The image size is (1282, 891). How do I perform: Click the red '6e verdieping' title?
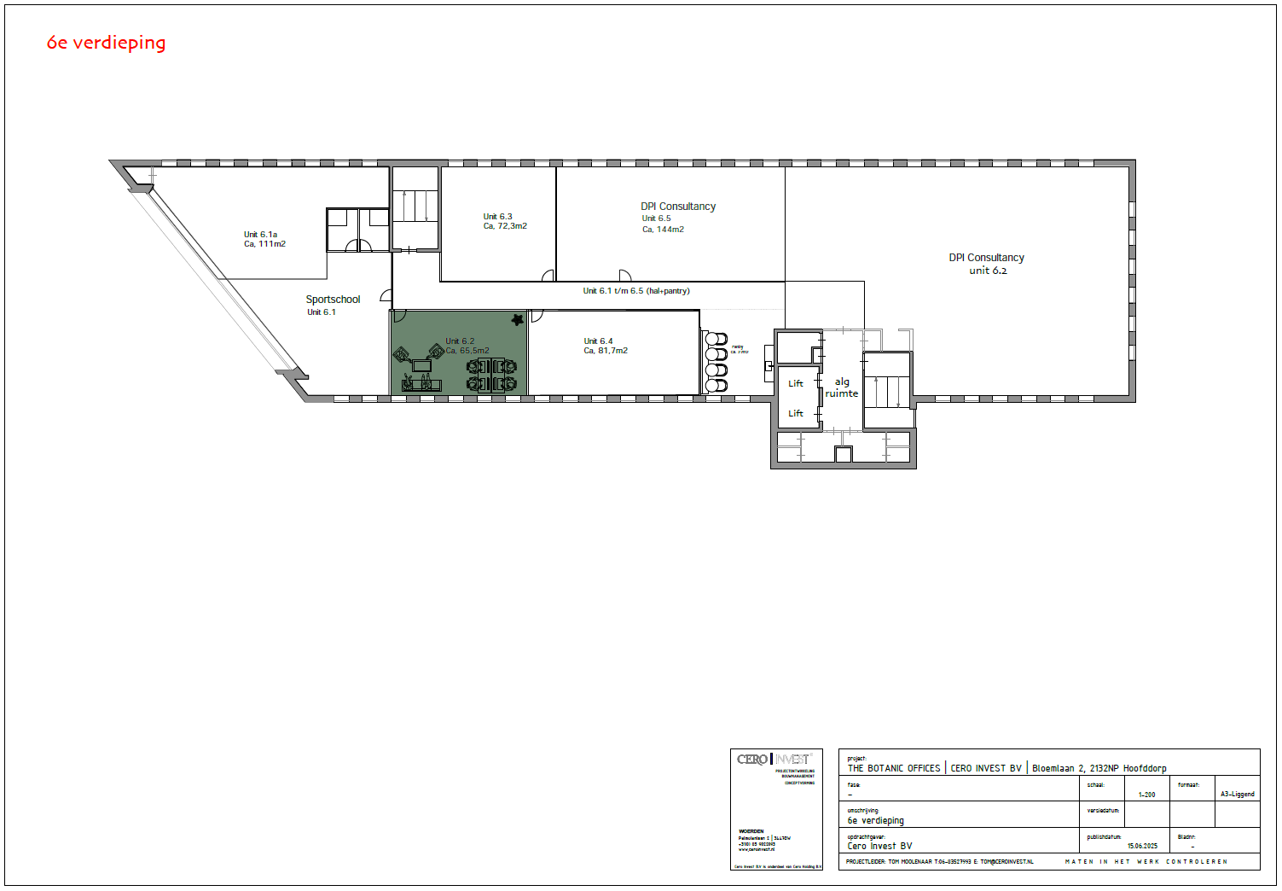click(x=106, y=43)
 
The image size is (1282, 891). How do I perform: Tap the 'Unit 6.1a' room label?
click(x=260, y=235)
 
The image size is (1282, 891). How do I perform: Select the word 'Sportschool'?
click(x=333, y=300)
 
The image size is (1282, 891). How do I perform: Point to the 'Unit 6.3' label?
click(x=497, y=217)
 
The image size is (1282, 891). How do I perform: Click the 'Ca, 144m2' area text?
click(x=663, y=230)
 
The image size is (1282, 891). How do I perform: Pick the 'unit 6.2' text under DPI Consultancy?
click(x=988, y=271)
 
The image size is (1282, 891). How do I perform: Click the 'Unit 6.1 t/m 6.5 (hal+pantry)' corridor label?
click(x=636, y=291)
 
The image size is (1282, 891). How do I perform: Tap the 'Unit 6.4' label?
click(x=598, y=341)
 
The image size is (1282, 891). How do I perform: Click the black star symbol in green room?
click(x=517, y=320)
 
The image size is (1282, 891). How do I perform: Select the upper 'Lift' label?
click(x=796, y=384)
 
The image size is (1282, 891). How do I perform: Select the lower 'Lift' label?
click(x=796, y=414)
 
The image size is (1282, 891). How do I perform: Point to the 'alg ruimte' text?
click(x=842, y=387)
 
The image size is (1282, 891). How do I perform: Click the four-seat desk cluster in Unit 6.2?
click(x=491, y=376)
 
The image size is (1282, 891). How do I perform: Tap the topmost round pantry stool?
click(x=716, y=339)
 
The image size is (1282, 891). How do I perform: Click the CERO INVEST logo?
click(x=774, y=760)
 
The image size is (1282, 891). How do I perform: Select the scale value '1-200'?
click(x=1146, y=795)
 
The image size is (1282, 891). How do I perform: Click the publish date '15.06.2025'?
click(x=1142, y=847)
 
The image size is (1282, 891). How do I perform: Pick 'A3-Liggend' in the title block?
click(x=1237, y=795)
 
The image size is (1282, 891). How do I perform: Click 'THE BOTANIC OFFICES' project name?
click(x=893, y=769)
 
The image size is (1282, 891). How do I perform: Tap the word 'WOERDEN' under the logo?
click(x=751, y=831)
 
